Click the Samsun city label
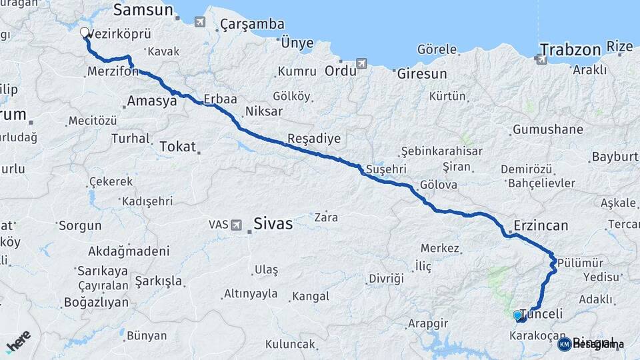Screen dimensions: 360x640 pyautogui.click(x=143, y=10)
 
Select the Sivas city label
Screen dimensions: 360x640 pyautogui.click(x=273, y=224)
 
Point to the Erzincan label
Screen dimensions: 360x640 pyautogui.click(x=541, y=226)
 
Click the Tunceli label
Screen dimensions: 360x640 pyautogui.click(x=541, y=314)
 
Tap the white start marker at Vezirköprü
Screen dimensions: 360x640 pyautogui.click(x=85, y=32)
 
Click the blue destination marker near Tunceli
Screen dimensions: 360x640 pyautogui.click(x=517, y=315)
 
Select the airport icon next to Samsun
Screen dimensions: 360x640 pyautogui.click(x=199, y=22)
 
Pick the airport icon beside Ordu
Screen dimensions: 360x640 pyautogui.click(x=361, y=64)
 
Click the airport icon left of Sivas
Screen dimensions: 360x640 pyautogui.click(x=235, y=225)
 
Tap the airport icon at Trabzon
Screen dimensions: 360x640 pyautogui.click(x=541, y=59)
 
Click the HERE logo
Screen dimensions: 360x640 pyautogui.click(x=18, y=341)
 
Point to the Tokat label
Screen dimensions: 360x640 pyautogui.click(x=177, y=147)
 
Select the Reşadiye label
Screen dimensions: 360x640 pyautogui.click(x=313, y=139)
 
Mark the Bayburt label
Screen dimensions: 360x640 pyautogui.click(x=614, y=157)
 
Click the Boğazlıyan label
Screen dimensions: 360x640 pyautogui.click(x=96, y=302)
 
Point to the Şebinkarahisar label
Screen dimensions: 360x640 pyautogui.click(x=442, y=151)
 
